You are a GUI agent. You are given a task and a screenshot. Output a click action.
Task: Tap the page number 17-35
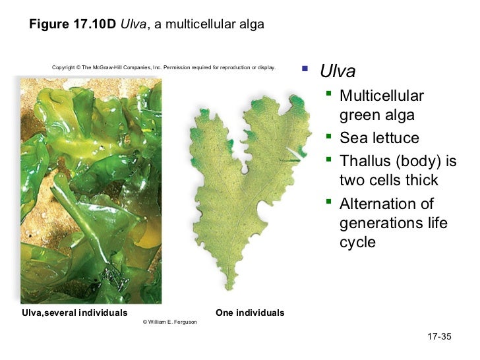click(x=438, y=337)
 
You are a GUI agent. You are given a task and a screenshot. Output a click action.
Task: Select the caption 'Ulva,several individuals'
click(x=75, y=313)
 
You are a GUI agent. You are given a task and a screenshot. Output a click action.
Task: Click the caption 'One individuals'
click(x=250, y=313)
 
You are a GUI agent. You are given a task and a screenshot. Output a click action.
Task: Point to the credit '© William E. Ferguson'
click(x=169, y=322)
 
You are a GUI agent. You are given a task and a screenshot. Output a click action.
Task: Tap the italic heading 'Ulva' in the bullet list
click(x=338, y=71)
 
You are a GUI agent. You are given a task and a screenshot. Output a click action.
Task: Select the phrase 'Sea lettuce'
click(x=378, y=138)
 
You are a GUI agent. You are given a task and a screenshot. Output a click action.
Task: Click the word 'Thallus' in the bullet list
click(x=367, y=161)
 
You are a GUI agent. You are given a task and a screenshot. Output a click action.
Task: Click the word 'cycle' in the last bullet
click(x=357, y=243)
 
